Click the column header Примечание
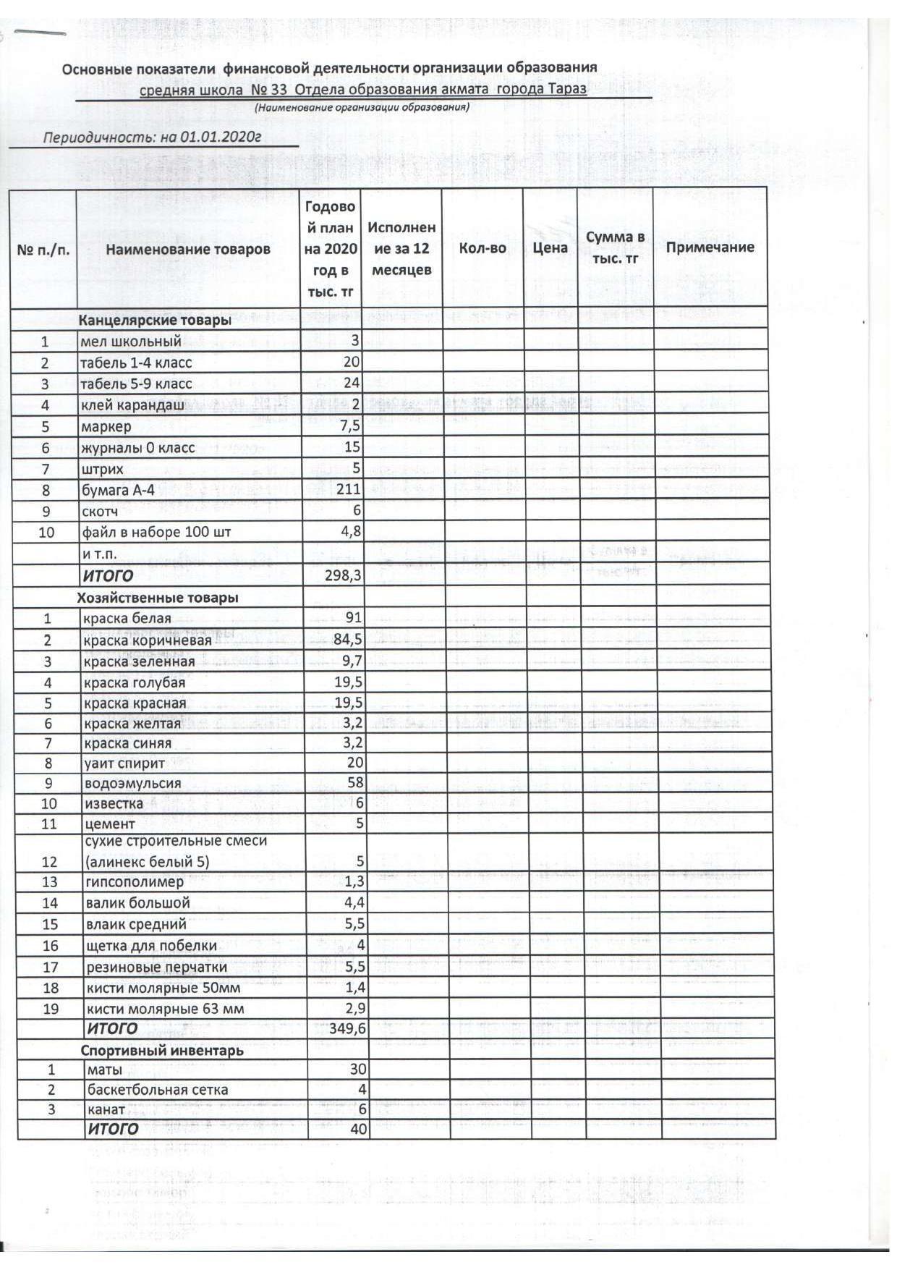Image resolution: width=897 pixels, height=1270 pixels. pos(710,247)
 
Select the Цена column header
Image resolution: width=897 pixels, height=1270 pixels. pos(550,248)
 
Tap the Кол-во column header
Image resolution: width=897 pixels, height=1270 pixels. pos(482,248)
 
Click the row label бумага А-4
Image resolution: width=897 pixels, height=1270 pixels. pos(118,490)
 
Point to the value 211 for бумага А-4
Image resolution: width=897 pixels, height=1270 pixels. pos(348,489)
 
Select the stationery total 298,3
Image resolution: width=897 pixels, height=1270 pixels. pos(344,576)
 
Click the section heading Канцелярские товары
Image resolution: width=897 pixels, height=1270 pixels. pos(155,320)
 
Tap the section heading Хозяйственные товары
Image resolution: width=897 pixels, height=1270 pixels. pos(158,598)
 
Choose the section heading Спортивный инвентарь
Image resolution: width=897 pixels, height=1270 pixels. pos(162,1050)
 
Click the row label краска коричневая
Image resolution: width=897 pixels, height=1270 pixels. pos(148,640)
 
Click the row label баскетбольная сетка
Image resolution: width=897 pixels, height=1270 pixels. pos(158,1090)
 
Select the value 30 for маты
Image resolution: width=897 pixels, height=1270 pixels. pos(358,1070)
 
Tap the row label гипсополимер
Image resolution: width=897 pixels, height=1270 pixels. pos(135,882)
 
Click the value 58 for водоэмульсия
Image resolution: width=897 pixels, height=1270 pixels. pos(355,783)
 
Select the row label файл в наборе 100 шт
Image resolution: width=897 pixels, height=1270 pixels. pos(156,533)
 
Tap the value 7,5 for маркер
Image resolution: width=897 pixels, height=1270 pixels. pos(350,426)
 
